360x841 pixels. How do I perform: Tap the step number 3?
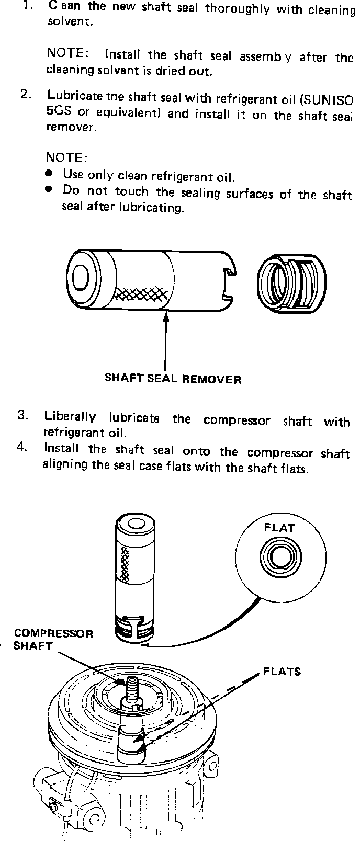(22, 415)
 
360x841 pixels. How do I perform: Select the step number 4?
(22, 448)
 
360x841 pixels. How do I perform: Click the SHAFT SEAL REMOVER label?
(173, 378)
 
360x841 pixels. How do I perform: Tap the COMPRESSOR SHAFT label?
(53, 639)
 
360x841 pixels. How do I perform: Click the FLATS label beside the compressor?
(282, 671)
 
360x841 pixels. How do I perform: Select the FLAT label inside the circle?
(279, 527)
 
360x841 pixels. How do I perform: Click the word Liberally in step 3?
(70, 417)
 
